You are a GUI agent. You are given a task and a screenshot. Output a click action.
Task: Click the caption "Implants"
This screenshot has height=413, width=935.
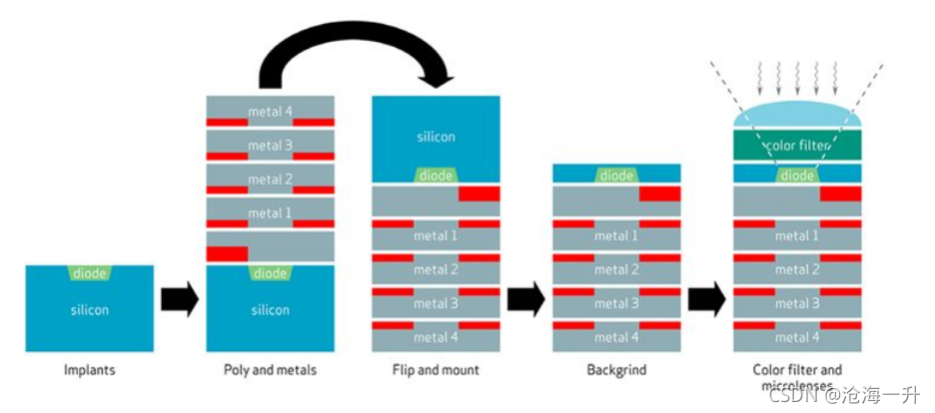[89, 369]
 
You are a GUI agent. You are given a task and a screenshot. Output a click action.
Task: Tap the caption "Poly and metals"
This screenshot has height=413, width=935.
[270, 369]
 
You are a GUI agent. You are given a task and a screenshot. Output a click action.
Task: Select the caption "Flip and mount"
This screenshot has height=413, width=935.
[436, 369]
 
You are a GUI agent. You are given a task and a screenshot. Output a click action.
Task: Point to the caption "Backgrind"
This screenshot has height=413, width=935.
[616, 369]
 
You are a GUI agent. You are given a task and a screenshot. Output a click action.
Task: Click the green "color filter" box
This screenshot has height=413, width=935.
[797, 146]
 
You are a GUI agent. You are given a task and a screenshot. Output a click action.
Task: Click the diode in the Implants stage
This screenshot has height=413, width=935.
[90, 273]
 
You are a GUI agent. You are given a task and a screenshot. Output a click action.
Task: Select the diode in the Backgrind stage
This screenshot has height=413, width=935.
[616, 175]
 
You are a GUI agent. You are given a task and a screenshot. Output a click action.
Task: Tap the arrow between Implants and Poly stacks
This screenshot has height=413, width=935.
[180, 298]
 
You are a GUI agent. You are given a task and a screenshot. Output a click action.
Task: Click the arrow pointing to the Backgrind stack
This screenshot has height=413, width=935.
[525, 298]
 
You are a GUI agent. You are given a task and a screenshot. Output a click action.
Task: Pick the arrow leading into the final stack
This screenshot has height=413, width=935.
[706, 298]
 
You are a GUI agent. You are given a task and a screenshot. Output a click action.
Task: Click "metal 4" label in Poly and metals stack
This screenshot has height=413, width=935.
[270, 110]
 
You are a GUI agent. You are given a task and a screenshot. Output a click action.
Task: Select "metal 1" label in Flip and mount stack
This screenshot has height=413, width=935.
[436, 235]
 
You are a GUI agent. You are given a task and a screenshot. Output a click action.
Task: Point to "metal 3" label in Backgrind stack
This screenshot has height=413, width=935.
[616, 303]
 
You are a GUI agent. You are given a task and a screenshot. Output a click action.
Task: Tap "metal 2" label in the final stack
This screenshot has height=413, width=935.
[797, 269]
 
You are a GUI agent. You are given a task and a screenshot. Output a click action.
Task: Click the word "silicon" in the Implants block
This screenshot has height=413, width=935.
[90, 310]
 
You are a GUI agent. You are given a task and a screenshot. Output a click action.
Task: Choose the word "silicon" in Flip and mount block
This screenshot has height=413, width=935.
[436, 137]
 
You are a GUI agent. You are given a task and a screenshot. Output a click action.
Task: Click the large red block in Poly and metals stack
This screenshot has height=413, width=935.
[227, 253]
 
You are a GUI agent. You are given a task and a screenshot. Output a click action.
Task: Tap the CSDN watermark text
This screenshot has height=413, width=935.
[844, 394]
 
